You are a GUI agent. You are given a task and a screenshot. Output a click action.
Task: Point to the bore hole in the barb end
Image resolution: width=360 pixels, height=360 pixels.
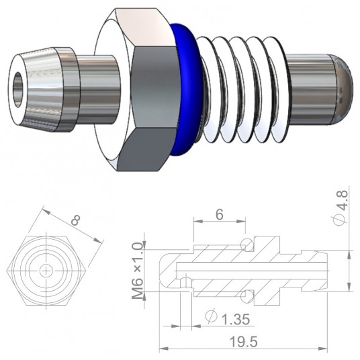coord(19,87)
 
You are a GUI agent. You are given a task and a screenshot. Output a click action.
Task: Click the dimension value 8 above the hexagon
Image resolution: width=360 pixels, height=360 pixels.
coord(75,219)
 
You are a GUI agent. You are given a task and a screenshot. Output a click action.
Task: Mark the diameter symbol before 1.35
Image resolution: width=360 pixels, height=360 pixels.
coord(211,316)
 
